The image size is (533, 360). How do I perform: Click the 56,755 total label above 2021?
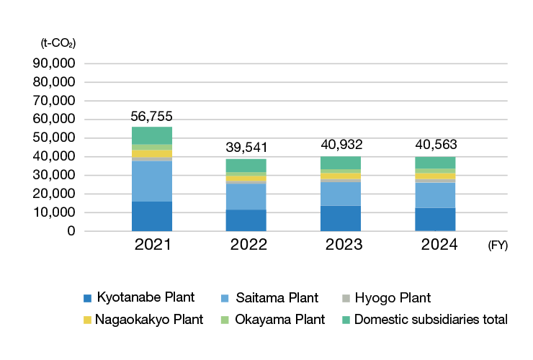152,116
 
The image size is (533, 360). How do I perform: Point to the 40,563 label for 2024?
435,145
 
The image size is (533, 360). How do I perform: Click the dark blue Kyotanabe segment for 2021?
152,216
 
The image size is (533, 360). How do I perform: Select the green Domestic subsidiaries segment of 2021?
152,135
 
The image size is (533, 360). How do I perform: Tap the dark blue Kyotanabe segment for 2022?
246,220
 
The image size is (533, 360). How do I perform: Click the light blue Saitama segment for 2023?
341,194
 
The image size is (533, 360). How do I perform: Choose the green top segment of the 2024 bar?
435,162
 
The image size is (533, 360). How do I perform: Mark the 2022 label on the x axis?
247,244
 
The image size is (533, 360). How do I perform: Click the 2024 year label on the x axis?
435,244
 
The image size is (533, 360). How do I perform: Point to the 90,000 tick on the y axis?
55,63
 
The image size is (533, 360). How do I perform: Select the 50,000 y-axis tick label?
55,138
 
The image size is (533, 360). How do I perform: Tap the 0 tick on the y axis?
72,231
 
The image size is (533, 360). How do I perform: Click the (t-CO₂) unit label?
58,43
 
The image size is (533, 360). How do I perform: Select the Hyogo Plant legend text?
395,297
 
